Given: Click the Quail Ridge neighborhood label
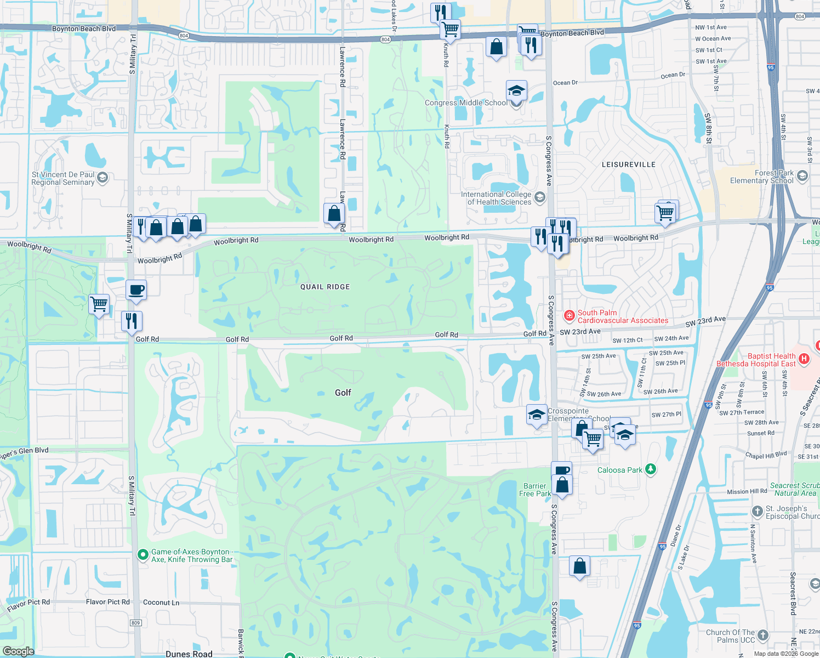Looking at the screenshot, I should pos(325,287).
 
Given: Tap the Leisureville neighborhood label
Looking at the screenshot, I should pos(629,164).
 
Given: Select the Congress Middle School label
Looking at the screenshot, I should pos(466,103).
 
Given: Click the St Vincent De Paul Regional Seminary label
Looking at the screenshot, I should pos(63,178).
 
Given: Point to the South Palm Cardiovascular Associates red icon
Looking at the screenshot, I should pos(570,316).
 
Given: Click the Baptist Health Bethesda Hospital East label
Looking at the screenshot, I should pos(756,360).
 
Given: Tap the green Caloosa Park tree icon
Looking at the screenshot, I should pos(651,469).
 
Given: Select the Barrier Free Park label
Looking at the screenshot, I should pos(535,490).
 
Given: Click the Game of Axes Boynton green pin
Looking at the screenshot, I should pos(143,555).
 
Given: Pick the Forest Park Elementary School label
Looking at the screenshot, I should pos(762,177).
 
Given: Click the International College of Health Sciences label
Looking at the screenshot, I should pos(496,198).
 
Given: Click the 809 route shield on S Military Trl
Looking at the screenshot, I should pos(136,622).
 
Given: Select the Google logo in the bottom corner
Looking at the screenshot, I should pos(18,651).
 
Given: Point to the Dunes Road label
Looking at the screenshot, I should pos(189,654).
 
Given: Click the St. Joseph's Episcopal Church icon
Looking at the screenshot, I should pos(757,512).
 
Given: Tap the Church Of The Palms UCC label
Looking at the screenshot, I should pos(730,636).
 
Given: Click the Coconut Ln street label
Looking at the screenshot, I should pos(161,602).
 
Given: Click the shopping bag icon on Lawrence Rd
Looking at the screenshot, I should pos(334,214).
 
